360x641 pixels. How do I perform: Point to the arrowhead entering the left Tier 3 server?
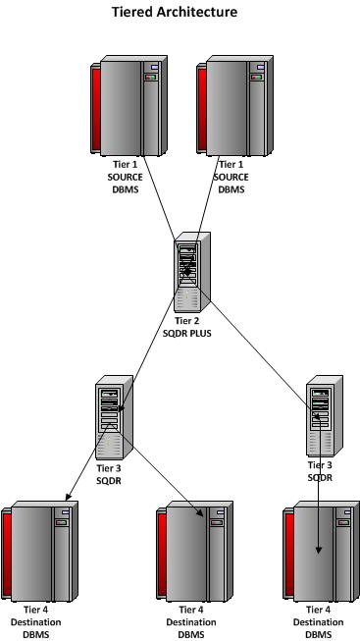click(120, 401)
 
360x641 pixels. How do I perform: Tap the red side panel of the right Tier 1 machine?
click(203, 108)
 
